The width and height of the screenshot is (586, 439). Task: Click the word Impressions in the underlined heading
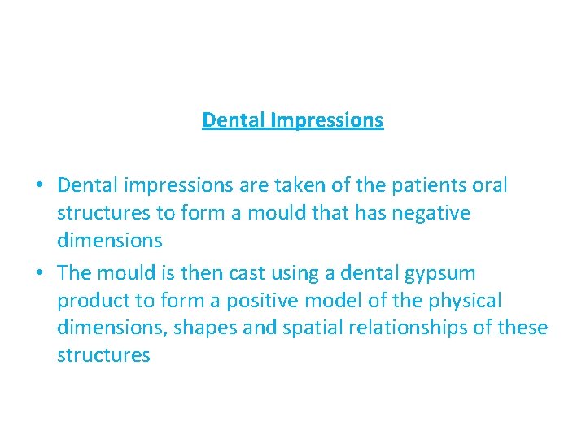326,120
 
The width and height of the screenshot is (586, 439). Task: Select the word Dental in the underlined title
234,120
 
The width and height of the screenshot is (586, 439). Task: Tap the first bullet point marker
39,186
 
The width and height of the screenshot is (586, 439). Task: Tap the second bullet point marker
39,273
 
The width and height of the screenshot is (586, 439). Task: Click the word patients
427,185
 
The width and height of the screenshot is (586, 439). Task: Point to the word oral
488,185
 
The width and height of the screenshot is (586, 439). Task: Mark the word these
524,328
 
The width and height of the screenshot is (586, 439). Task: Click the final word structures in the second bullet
103,356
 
